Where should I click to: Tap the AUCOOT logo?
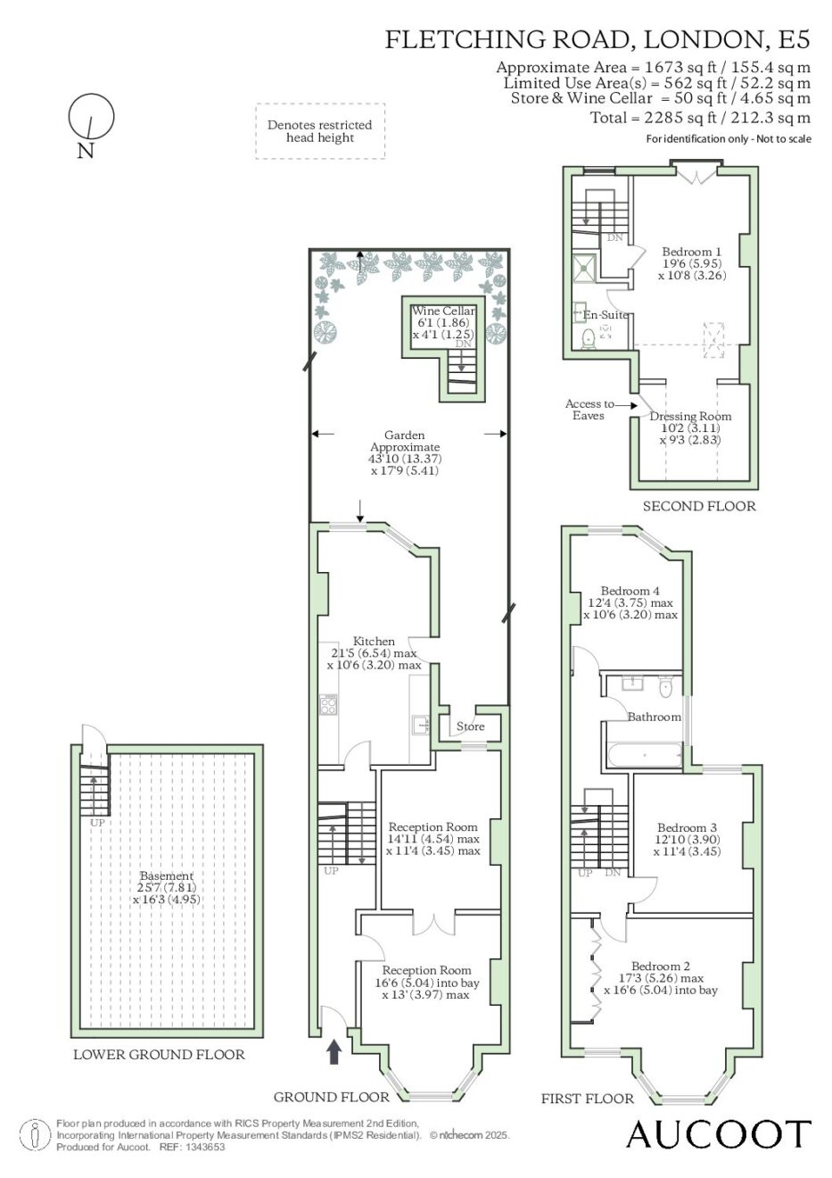click(x=719, y=1133)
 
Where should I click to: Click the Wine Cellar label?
click(x=443, y=311)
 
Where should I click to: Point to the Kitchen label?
click(x=374, y=641)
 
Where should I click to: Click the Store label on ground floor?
click(x=470, y=726)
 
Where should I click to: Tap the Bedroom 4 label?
click(x=630, y=591)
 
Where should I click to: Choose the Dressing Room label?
click(x=690, y=416)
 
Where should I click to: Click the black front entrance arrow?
click(x=334, y=1052)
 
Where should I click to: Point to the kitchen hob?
click(x=328, y=705)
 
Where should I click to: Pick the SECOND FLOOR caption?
click(x=699, y=506)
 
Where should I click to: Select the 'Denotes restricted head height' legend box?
click(x=320, y=131)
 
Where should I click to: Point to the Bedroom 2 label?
click(x=660, y=966)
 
